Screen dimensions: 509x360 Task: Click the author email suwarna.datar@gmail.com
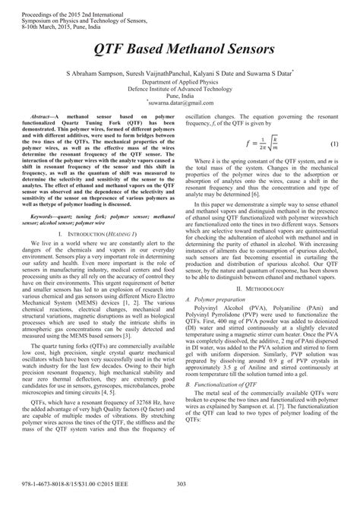point(180,98)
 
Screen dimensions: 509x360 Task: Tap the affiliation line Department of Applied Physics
point(179,81)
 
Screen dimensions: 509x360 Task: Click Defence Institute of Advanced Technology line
point(179,87)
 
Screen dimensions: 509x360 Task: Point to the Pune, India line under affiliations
point(179,93)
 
